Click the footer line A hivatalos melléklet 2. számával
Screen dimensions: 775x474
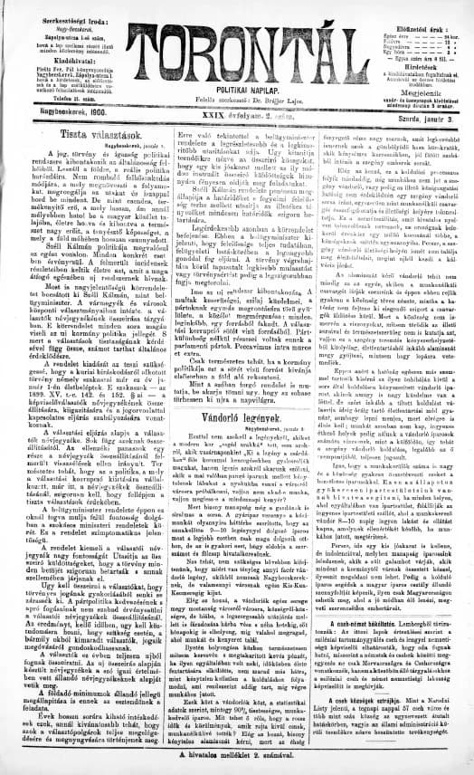[x=237, y=754]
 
